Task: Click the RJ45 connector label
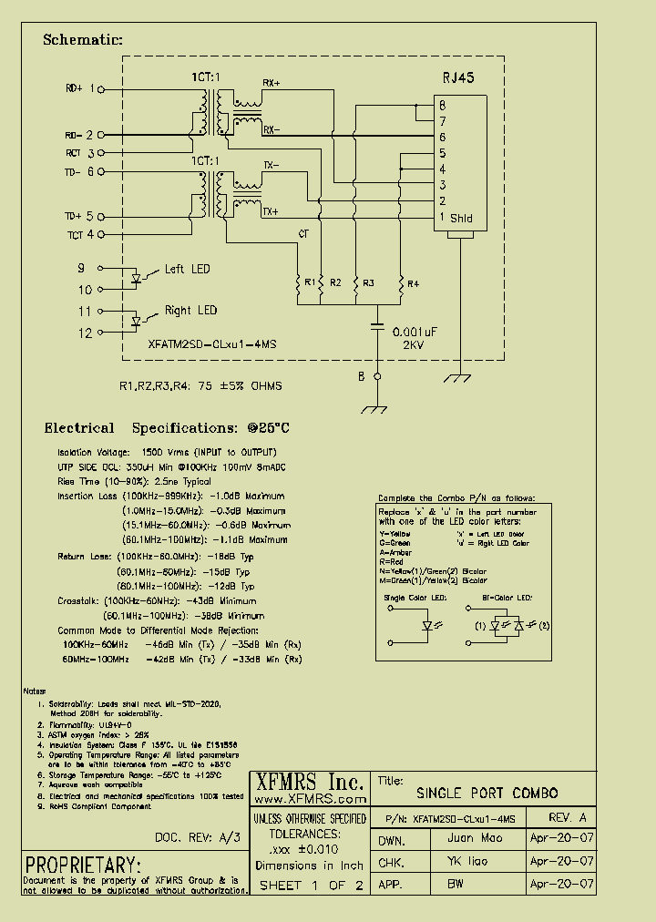pos(457,78)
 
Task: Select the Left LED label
pos(187,269)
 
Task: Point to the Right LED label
pos(190,311)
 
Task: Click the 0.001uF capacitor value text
pos(415,333)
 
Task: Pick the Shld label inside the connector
pos(461,218)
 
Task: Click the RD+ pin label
pos(74,88)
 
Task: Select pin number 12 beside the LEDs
pos(85,333)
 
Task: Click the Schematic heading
pos(82,40)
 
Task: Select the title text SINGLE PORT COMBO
pos(487,793)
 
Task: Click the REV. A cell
pos(568,816)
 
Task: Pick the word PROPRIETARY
pos(83,865)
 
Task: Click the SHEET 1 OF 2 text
pos(311,885)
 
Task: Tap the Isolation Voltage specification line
pos(167,452)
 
